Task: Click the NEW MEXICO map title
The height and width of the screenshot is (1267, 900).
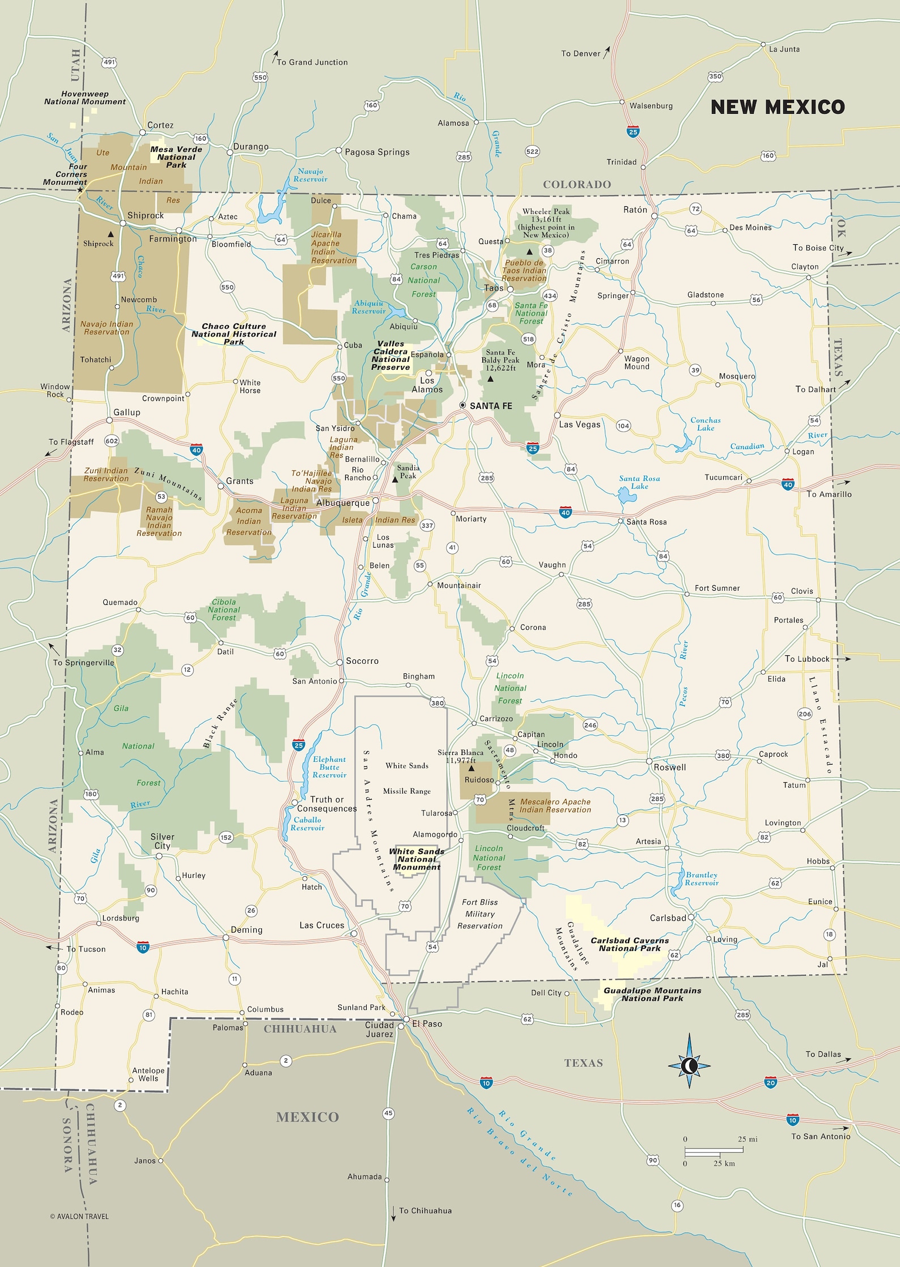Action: pyautogui.click(x=777, y=107)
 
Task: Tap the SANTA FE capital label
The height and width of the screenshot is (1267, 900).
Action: pyautogui.click(x=490, y=406)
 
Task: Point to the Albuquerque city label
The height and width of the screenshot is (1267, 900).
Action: pyautogui.click(x=342, y=503)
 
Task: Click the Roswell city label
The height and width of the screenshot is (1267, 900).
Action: pyautogui.click(x=669, y=767)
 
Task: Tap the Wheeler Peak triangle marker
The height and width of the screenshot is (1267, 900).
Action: pyautogui.click(x=529, y=251)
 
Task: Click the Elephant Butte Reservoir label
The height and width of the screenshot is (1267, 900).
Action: pyautogui.click(x=329, y=767)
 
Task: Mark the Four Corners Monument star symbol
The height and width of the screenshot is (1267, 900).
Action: pyautogui.click(x=80, y=190)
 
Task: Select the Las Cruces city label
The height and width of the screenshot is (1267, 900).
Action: pyautogui.click(x=321, y=925)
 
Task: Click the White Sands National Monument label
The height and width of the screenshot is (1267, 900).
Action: pyautogui.click(x=417, y=859)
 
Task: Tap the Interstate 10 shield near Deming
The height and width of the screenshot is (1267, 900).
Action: pyautogui.click(x=143, y=948)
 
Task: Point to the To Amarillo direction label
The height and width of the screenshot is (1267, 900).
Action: pyautogui.click(x=829, y=494)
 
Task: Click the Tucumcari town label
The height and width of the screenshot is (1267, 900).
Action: pyautogui.click(x=723, y=477)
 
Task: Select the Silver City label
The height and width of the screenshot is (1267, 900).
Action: pyautogui.click(x=162, y=841)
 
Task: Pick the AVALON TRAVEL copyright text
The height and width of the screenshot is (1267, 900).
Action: pyautogui.click(x=79, y=1216)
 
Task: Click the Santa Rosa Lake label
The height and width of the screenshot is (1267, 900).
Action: pyautogui.click(x=639, y=482)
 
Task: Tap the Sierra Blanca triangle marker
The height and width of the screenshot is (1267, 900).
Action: pyautogui.click(x=471, y=769)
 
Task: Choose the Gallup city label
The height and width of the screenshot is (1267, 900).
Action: pyautogui.click(x=126, y=412)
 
